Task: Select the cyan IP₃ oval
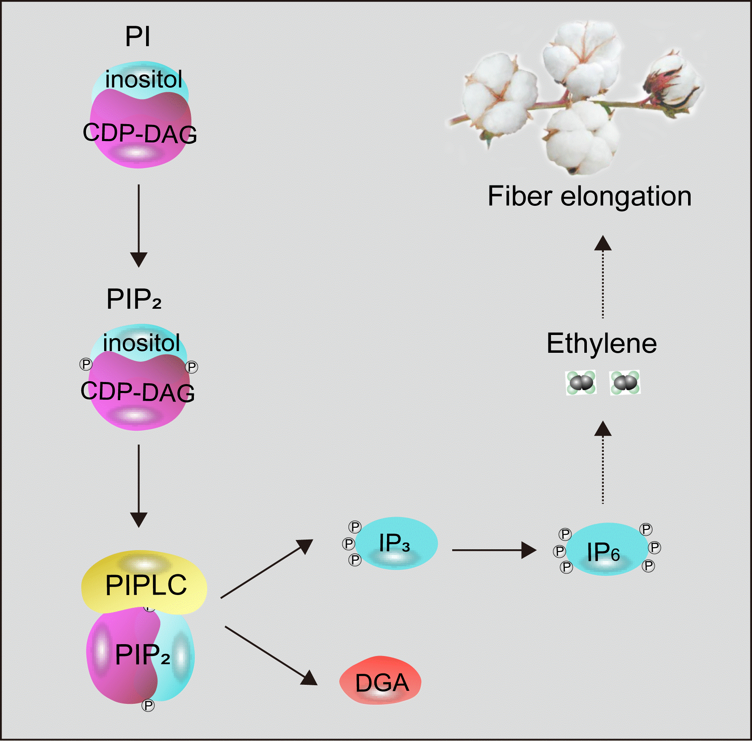click(x=395, y=543)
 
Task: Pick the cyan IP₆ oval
click(x=605, y=550)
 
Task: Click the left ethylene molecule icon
click(x=581, y=382)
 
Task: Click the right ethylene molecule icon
click(x=625, y=382)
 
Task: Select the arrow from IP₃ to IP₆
click(x=493, y=550)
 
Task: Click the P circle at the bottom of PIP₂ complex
click(x=148, y=706)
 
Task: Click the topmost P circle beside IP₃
click(x=355, y=527)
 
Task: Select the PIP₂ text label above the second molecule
click(x=133, y=299)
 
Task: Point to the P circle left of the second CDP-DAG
click(x=86, y=364)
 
